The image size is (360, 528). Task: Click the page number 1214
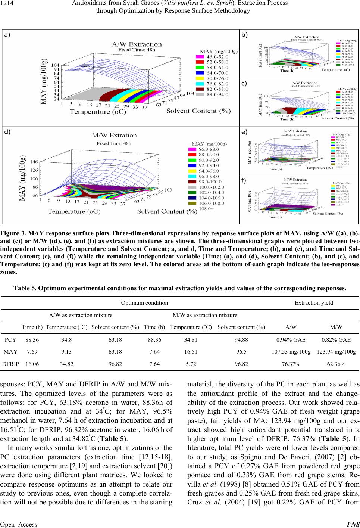click(7, 3)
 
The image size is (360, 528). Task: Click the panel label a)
click(7, 34)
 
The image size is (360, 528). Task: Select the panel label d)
click(7, 131)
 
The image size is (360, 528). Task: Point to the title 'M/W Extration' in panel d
click(114, 135)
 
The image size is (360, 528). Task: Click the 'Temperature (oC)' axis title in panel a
click(98, 111)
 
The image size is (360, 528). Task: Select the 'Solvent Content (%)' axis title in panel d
click(167, 212)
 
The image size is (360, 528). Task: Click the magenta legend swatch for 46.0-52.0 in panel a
click(203, 57)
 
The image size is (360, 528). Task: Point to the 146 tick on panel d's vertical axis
click(34, 162)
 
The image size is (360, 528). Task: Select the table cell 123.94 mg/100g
click(336, 351)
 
